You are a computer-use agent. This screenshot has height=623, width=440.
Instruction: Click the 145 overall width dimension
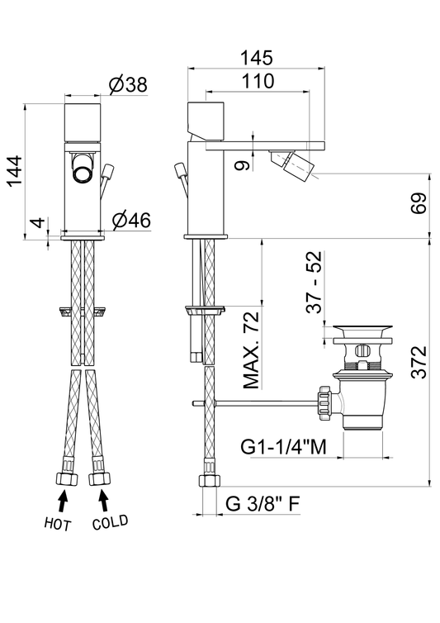[x=257, y=58]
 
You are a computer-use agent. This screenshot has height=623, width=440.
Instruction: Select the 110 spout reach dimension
[x=258, y=81]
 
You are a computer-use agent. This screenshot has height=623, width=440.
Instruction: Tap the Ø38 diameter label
[x=128, y=84]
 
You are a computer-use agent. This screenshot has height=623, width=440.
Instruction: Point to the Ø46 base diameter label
[x=131, y=220]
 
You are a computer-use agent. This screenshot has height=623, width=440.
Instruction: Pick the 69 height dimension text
[x=419, y=203]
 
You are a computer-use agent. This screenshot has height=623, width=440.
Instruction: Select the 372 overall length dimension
[x=419, y=362]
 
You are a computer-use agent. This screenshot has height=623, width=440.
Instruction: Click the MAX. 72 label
[x=251, y=350]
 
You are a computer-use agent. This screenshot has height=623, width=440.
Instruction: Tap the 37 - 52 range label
[x=314, y=282]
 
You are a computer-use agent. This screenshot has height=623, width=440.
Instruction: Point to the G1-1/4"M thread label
[x=283, y=447]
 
